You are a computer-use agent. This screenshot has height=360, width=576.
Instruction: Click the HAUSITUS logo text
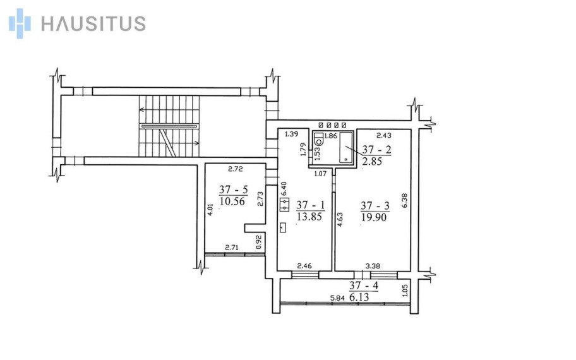pyautogui.click(x=93, y=23)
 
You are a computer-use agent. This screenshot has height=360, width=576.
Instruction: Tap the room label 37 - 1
pyautogui.click(x=311, y=205)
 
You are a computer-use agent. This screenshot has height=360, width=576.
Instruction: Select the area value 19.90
pyautogui.click(x=374, y=217)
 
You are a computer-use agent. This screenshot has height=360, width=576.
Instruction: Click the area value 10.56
pyautogui.click(x=232, y=201)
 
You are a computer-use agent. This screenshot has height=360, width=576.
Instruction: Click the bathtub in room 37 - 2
pyautogui.click(x=345, y=147)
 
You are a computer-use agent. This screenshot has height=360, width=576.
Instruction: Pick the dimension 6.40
pyautogui.click(x=283, y=189)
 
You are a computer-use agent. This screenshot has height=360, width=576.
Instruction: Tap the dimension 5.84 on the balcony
pyautogui.click(x=338, y=298)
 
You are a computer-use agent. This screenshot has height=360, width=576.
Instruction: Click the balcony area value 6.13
pyautogui.click(x=359, y=297)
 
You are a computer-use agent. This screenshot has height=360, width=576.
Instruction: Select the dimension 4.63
pyautogui.click(x=340, y=219)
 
